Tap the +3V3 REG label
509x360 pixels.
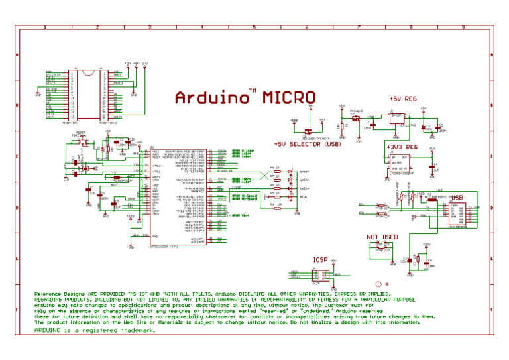click(402, 146)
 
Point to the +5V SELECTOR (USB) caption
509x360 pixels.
click(307, 143)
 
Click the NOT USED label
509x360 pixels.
click(382, 237)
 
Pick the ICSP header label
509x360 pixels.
click(321, 261)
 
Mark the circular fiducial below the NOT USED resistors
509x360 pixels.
click(378, 284)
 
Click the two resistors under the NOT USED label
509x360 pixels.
click(382, 247)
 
